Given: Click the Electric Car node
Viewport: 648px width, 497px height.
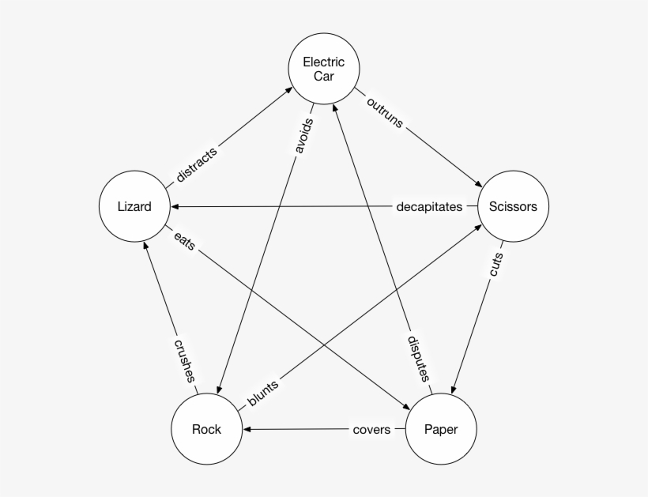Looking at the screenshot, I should pyautogui.click(x=323, y=69).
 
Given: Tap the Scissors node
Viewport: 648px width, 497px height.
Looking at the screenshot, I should pyautogui.click(x=513, y=207).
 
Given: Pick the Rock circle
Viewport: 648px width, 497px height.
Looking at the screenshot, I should pyautogui.click(x=206, y=430).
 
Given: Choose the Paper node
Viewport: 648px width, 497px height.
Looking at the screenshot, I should pyautogui.click(x=440, y=430).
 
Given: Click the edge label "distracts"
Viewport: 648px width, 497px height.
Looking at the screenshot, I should pyautogui.click(x=196, y=164).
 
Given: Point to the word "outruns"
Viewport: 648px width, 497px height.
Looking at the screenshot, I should pyautogui.click(x=385, y=111).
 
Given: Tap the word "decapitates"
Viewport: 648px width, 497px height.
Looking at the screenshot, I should pyautogui.click(x=429, y=207).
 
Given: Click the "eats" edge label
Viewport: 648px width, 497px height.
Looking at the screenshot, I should pyautogui.click(x=184, y=242).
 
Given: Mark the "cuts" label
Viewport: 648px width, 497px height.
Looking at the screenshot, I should pyautogui.click(x=496, y=266).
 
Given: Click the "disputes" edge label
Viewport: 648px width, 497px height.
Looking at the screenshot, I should pyautogui.click(x=418, y=359).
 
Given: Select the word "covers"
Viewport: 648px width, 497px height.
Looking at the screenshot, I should pyautogui.click(x=371, y=430).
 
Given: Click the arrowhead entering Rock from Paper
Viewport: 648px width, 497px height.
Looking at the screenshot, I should pyautogui.click(x=247, y=430).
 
